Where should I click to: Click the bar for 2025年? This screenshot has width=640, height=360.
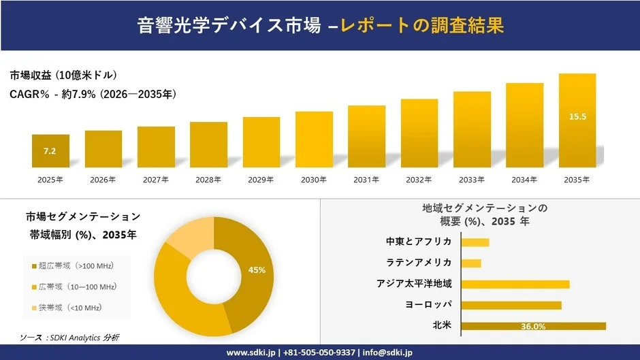coord(50,151)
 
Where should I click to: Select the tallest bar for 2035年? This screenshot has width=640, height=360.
coord(577,120)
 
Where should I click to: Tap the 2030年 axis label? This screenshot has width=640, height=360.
coord(314,180)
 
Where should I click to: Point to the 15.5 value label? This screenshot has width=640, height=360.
coord(577,117)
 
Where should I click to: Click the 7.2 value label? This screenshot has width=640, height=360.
coord(50,150)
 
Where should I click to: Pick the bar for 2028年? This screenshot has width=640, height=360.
coord(208,145)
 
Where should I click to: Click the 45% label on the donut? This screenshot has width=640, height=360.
coord(257,270)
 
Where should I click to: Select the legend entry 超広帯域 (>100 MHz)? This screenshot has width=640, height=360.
coord(76,265)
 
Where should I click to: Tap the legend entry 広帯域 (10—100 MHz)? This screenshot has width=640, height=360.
coord(76,287)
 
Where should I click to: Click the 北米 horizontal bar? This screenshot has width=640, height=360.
coord(533,327)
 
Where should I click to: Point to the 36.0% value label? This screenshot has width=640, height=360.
coord(533,327)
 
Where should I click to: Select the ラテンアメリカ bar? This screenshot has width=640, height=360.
coord(471,263)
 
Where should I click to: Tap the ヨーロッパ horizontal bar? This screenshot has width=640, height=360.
coord(511,305)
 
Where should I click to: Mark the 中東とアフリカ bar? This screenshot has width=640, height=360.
coord(475,242)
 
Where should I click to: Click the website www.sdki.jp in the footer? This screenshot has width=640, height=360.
coord(251,353)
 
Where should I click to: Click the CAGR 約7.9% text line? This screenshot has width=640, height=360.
coord(93,95)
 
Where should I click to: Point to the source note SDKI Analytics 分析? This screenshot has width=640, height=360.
coord(69,338)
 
